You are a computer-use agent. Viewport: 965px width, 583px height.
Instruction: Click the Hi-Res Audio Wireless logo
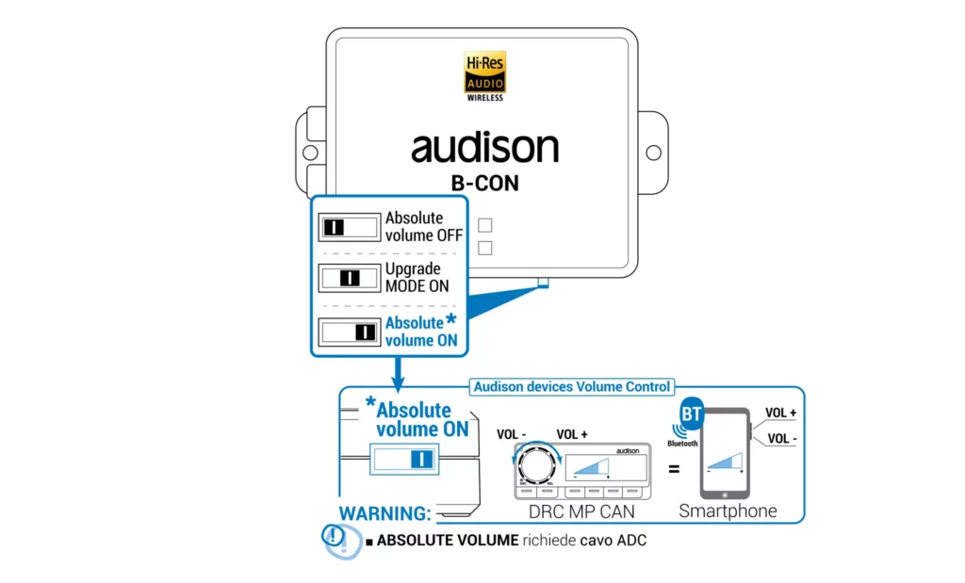point(485,75)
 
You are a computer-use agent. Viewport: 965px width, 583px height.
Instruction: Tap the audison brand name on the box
point(484,149)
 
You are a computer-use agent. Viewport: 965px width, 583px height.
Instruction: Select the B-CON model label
point(484,183)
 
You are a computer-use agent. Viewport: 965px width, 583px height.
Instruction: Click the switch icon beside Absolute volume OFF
point(348,227)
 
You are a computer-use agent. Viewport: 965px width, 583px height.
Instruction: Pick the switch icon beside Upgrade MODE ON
point(348,278)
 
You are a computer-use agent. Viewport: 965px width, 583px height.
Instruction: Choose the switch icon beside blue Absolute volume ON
point(348,332)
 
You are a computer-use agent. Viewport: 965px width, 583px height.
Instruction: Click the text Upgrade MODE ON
point(417,278)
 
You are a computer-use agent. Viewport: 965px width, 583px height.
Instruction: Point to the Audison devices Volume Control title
point(572,386)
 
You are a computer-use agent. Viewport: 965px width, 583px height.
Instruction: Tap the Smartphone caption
point(728,511)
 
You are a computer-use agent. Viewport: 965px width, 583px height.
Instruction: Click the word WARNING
point(384,514)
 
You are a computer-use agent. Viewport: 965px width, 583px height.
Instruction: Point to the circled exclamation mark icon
point(335,537)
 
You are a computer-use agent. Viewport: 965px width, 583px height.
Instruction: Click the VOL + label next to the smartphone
point(780,413)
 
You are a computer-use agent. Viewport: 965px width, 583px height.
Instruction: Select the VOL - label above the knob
point(512,434)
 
